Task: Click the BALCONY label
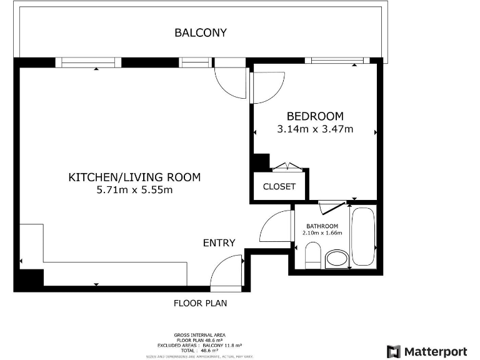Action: pos(200,32)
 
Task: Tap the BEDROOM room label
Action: pos(315,116)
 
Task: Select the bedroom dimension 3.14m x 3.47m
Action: pos(315,129)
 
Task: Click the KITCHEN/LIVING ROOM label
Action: pos(134,177)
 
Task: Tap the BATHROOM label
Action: pos(322,226)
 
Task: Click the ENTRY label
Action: pos(219,242)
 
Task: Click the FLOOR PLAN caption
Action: pos(200,304)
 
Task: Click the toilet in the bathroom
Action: pos(312,256)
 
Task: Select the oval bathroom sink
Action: pos(337,259)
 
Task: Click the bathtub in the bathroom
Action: pos(362,236)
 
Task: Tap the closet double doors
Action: pos(287,167)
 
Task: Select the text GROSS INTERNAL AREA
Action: pos(200,335)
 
